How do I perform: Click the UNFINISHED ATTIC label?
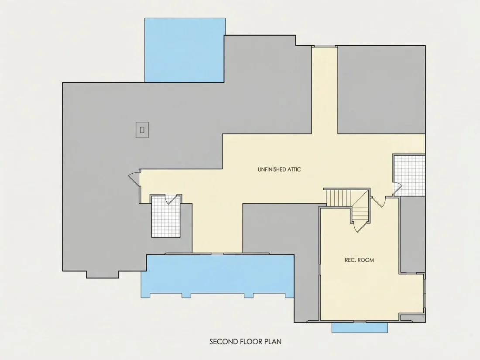point(279,169)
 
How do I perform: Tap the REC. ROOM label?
point(360,260)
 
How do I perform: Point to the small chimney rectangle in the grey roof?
point(142,130)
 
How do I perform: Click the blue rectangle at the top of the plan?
point(185,50)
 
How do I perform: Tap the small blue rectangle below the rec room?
point(360,327)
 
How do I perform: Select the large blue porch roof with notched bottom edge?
point(217,275)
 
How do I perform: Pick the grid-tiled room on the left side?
point(166,216)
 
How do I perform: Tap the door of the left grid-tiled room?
point(172,199)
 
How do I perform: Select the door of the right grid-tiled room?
point(398,188)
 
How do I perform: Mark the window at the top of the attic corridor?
point(325,46)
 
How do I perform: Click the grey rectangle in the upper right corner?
point(381,89)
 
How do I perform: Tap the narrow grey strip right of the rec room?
point(413,234)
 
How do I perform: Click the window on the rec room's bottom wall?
point(360,322)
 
